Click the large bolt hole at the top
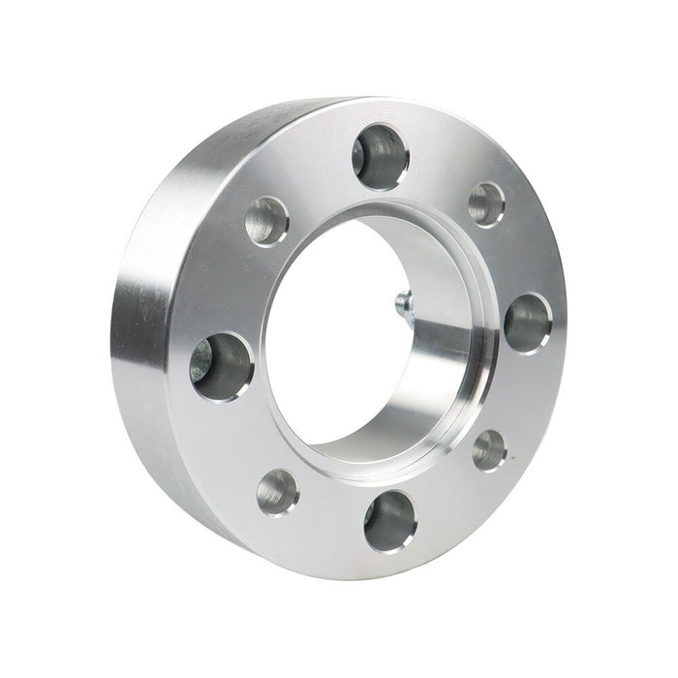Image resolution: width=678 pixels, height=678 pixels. pyautogui.click(x=381, y=154)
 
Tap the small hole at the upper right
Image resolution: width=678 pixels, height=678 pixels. pyautogui.click(x=486, y=203)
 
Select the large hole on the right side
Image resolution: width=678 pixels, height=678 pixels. pyautogui.click(x=528, y=323)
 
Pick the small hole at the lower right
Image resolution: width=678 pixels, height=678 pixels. pyautogui.click(x=489, y=449)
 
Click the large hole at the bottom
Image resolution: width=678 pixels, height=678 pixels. pyautogui.click(x=390, y=520)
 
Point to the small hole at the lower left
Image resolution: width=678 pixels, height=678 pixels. pyautogui.click(x=278, y=491)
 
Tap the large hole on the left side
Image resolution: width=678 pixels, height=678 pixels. pyautogui.click(x=222, y=365)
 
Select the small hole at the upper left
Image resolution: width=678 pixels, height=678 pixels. pyautogui.click(x=267, y=222)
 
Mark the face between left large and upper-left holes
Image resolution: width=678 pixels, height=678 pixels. pyautogui.click(x=237, y=291)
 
